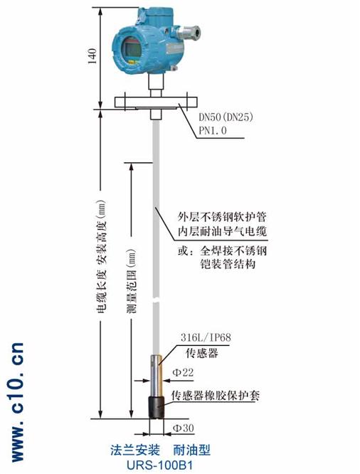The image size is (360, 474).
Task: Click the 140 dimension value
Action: (92, 56)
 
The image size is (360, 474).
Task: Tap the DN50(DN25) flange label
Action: (226, 117)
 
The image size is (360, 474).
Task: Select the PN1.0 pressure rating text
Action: (213, 130)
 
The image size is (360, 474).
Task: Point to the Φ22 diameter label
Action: (183, 372)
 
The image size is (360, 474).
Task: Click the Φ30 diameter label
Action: (183, 428)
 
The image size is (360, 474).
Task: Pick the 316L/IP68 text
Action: (206, 337)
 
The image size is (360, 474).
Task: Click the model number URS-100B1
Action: (159, 465)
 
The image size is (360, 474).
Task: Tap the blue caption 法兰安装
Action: (134, 450)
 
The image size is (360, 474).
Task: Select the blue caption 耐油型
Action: (191, 450)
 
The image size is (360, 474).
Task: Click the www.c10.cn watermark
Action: (18, 402)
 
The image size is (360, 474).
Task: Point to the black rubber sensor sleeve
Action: (157, 408)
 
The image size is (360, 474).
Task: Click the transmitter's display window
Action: (132, 48)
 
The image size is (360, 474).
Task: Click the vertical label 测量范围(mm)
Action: (132, 280)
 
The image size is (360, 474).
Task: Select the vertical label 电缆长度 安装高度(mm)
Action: (101, 256)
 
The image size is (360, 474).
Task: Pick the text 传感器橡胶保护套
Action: (216, 395)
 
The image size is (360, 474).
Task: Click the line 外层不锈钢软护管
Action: (222, 217)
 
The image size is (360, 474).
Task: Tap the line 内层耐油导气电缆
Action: (222, 231)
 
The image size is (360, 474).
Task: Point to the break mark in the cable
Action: (156, 301)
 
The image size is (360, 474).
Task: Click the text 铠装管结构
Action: (228, 264)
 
